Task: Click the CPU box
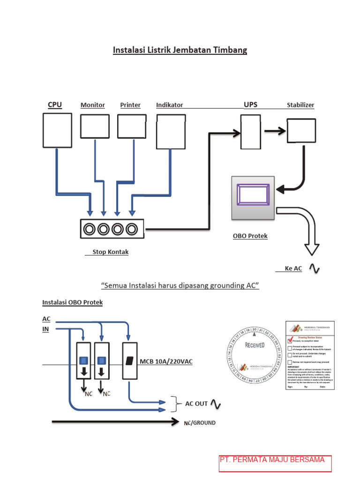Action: pos(57,130)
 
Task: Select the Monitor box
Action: pos(95,126)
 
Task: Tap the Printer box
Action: pos(132,126)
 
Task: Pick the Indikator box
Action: pos(171,132)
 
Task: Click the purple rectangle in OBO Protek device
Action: pos(253,194)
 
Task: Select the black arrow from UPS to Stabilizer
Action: pos(274,132)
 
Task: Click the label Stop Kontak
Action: pos(110,252)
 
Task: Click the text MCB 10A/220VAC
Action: pos(166,361)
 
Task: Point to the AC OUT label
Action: pos(196,404)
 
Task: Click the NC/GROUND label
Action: pos(200,423)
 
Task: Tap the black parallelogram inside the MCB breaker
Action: pos(129,360)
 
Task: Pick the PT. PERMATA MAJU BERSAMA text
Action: pos(272,460)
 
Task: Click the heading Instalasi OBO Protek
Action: pos(73,302)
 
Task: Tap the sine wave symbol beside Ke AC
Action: pos(313,269)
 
